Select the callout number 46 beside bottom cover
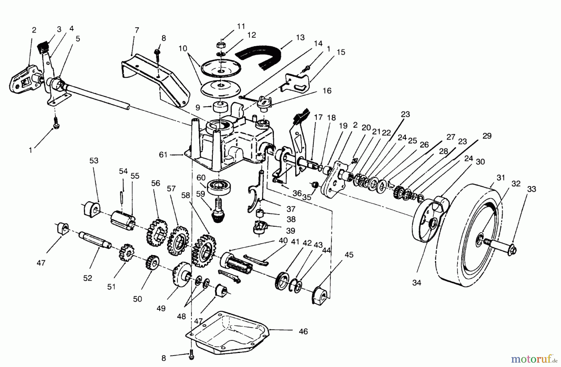(x=303, y=331)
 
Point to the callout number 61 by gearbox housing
(x=163, y=155)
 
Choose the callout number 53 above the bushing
(x=94, y=161)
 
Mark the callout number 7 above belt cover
(x=137, y=31)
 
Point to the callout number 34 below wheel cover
(x=417, y=283)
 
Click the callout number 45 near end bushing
(x=349, y=255)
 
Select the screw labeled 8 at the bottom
(x=191, y=355)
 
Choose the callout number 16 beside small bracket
(x=327, y=91)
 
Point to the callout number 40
(x=283, y=241)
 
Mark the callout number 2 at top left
(x=34, y=30)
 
